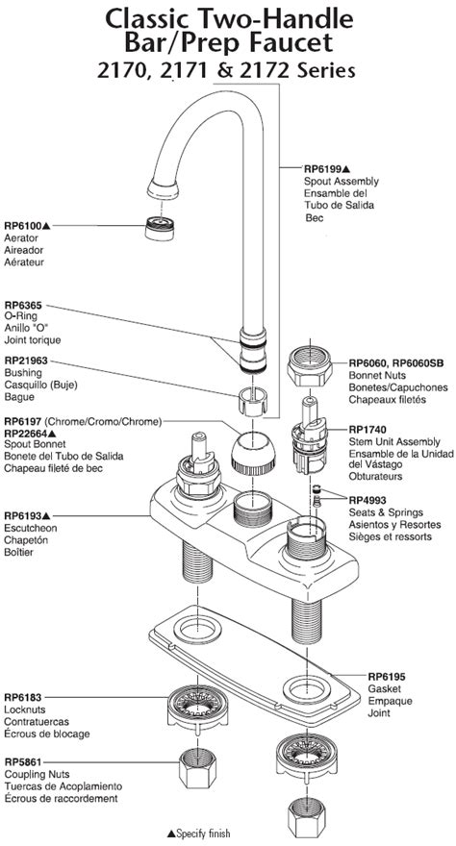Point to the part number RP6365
pos(24,304)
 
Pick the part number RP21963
pos(27,361)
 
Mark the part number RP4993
pos(369,499)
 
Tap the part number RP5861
pos(24,760)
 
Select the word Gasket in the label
pos(385,689)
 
